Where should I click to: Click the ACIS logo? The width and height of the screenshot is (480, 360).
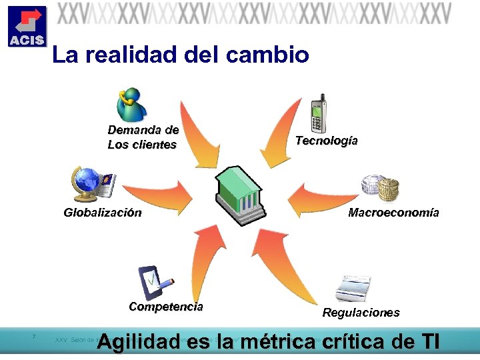[x=27, y=27]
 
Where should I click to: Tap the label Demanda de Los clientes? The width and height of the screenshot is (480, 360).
[x=143, y=137]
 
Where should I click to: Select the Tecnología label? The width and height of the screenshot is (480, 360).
[x=326, y=141]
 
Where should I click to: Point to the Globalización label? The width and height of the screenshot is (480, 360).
[x=102, y=213]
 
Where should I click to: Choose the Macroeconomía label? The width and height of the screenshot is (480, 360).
[x=393, y=213]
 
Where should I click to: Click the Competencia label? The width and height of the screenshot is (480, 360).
[x=165, y=307]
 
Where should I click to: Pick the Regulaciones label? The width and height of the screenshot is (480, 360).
[x=361, y=312]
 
